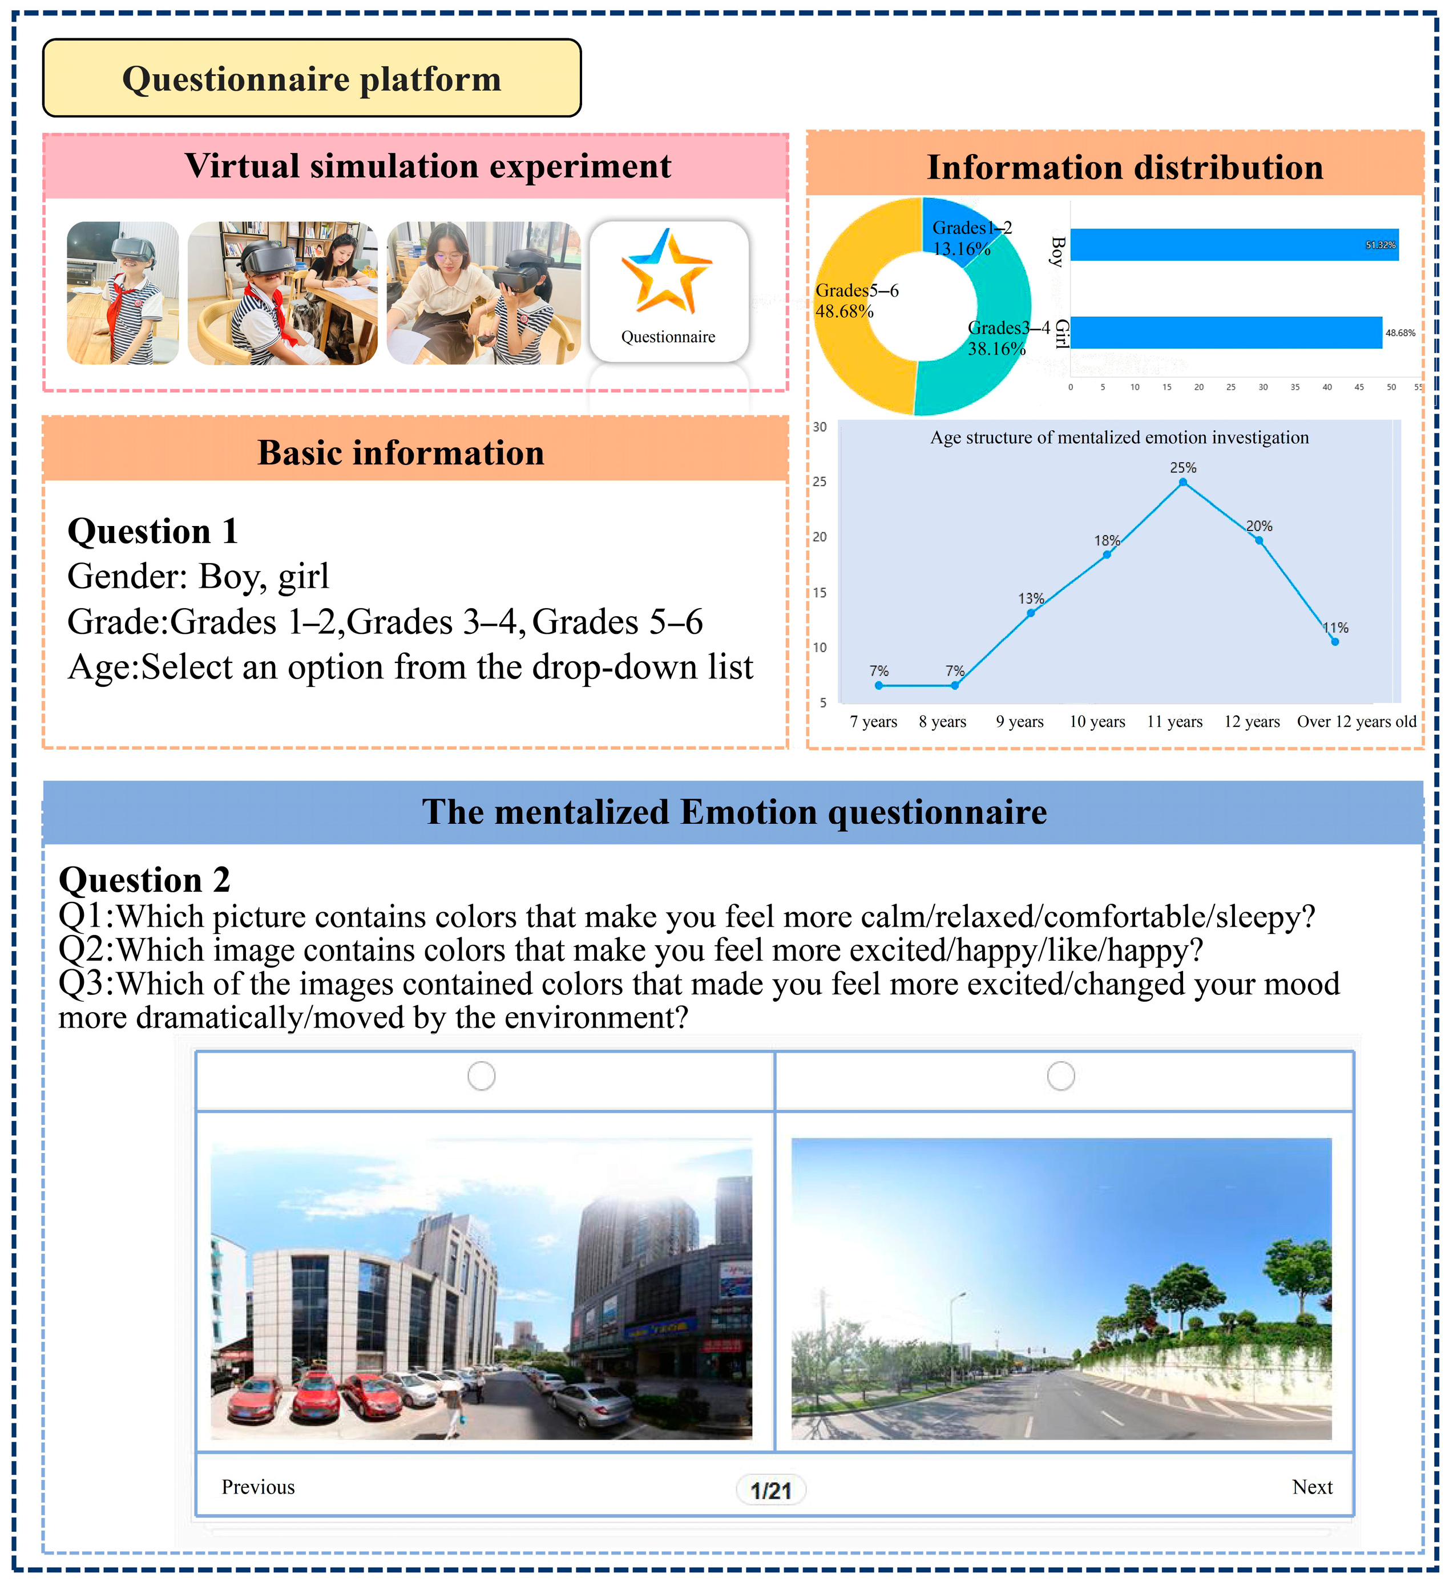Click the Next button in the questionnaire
pyautogui.click(x=1312, y=1487)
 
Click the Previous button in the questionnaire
pyautogui.click(x=258, y=1487)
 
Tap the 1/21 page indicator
pyautogui.click(x=770, y=1490)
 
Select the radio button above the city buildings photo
pyautogui.click(x=481, y=1075)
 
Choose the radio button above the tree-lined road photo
pyautogui.click(x=1060, y=1075)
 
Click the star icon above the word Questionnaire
pyautogui.click(x=667, y=272)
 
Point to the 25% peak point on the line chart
pyautogui.click(x=1183, y=482)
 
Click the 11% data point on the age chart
pyautogui.click(x=1335, y=642)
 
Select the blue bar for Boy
pyautogui.click(x=1233, y=245)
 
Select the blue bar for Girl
pyautogui.click(x=1225, y=333)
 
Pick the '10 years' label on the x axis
pyautogui.click(x=1097, y=722)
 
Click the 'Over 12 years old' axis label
pyautogui.click(x=1356, y=722)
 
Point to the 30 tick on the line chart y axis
pyautogui.click(x=820, y=427)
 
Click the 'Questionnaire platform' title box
pyautogui.click(x=312, y=79)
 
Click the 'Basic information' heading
pyautogui.click(x=401, y=453)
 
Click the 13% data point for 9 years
pyautogui.click(x=1031, y=613)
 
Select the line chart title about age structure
pyautogui.click(x=1119, y=438)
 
